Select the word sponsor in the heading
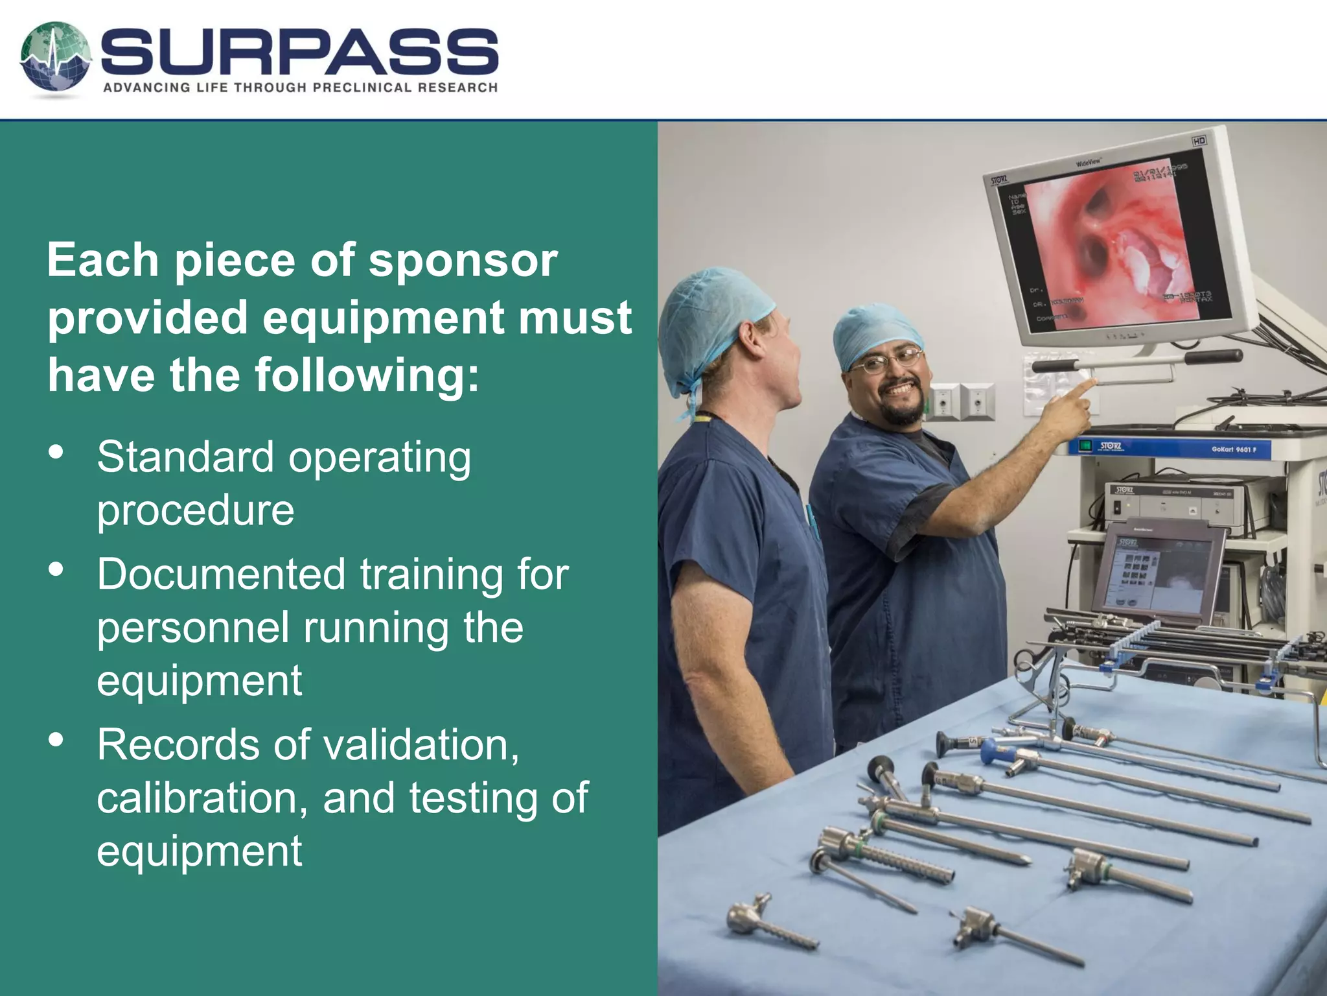463,261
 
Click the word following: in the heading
367,375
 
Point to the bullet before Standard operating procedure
56,451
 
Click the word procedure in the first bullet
196,510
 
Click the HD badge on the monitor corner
1199,141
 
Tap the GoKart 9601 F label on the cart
1234,449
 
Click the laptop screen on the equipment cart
1160,571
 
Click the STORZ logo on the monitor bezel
998,179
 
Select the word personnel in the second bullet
193,628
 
